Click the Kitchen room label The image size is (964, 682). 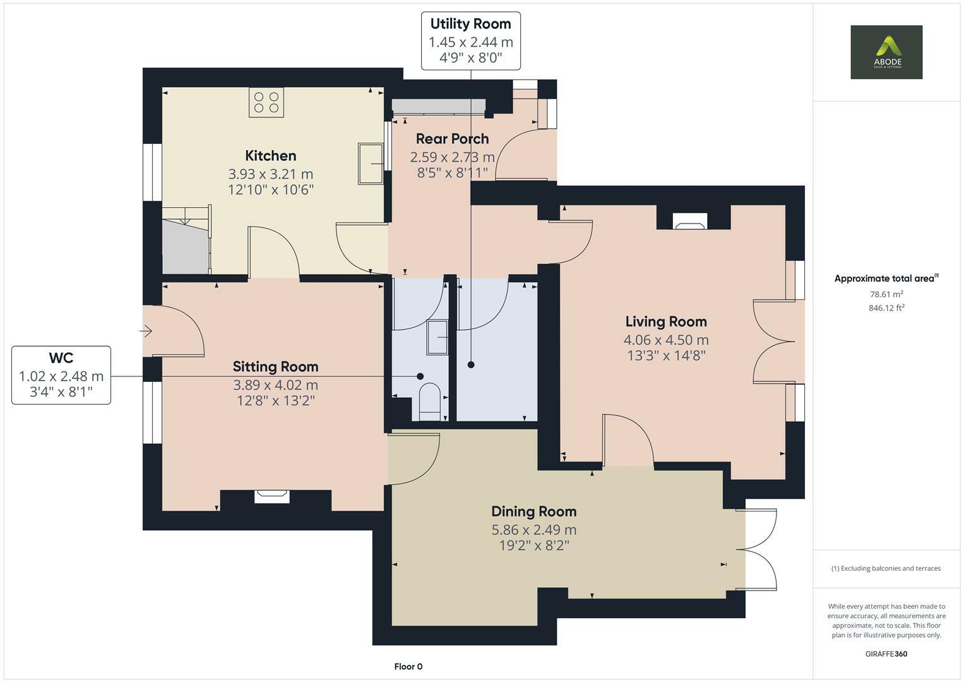(x=270, y=155)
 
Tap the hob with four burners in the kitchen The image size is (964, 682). (x=266, y=102)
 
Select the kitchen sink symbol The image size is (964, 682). (x=371, y=164)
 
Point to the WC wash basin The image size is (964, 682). (x=437, y=337)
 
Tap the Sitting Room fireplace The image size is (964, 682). (x=272, y=497)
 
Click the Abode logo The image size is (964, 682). (x=886, y=52)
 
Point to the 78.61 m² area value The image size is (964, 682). (x=886, y=294)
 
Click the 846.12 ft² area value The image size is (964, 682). (x=886, y=308)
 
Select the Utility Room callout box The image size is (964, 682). (x=471, y=41)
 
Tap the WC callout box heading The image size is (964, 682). (x=61, y=358)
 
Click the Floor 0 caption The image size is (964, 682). (x=408, y=666)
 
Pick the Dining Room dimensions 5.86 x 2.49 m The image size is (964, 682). (x=534, y=530)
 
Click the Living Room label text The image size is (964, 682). (x=665, y=321)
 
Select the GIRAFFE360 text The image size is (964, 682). (x=886, y=654)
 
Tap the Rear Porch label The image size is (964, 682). (x=452, y=139)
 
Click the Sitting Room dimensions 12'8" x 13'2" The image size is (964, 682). (x=275, y=400)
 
